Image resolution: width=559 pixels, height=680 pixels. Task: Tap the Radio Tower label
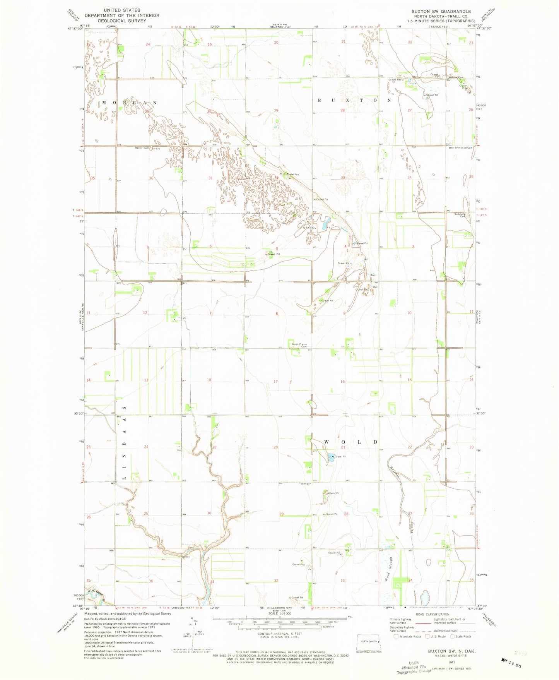(x=142, y=148)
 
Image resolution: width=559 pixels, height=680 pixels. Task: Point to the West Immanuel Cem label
(x=460, y=148)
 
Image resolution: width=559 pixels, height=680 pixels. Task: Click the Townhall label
(x=304, y=484)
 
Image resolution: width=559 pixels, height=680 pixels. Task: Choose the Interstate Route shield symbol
(x=395, y=636)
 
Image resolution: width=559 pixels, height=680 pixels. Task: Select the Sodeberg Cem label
(x=462, y=214)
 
